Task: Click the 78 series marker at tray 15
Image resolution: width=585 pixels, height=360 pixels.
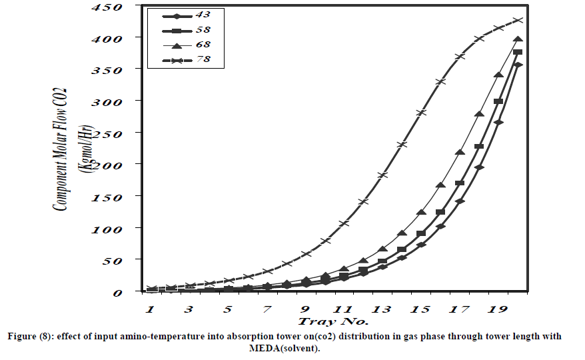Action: (x=421, y=113)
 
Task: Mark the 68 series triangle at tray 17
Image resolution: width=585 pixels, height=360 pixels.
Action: (x=460, y=153)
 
